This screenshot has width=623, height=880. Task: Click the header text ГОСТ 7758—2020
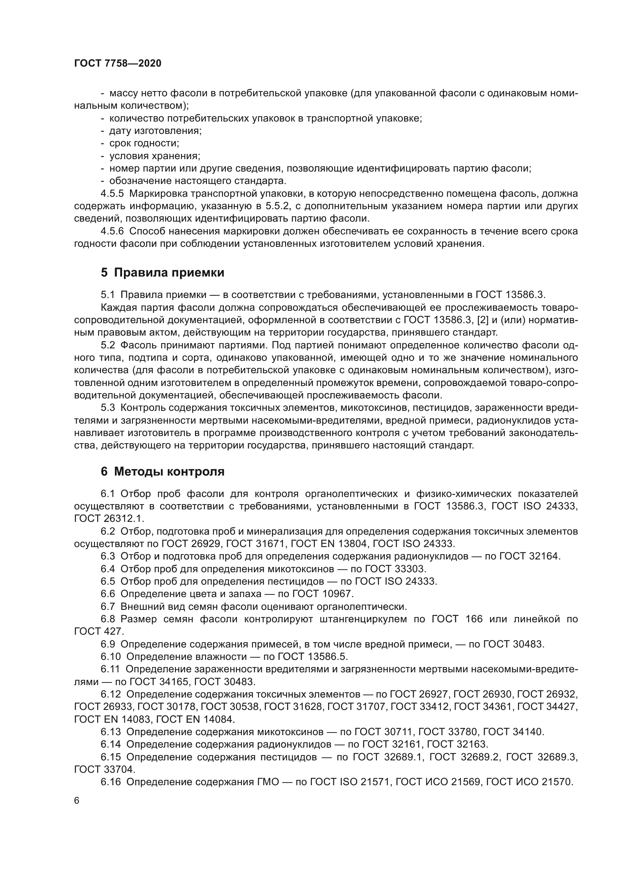pos(118,63)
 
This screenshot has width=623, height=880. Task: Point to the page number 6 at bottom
pos(77,800)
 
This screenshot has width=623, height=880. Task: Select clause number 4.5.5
pos(112,193)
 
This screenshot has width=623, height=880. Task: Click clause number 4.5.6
pos(112,231)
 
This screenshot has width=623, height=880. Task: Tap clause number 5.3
pos(108,408)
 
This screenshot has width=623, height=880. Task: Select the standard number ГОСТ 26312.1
pos(108,518)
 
